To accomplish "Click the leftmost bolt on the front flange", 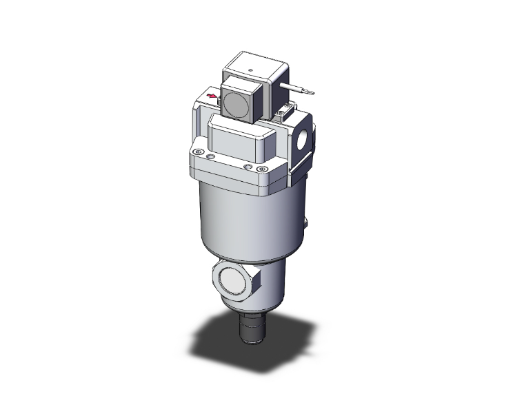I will coord(198,153).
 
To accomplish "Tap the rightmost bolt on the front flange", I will coord(261,169).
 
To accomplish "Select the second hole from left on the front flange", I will coord(210,158).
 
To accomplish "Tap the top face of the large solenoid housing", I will coord(254,67).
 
